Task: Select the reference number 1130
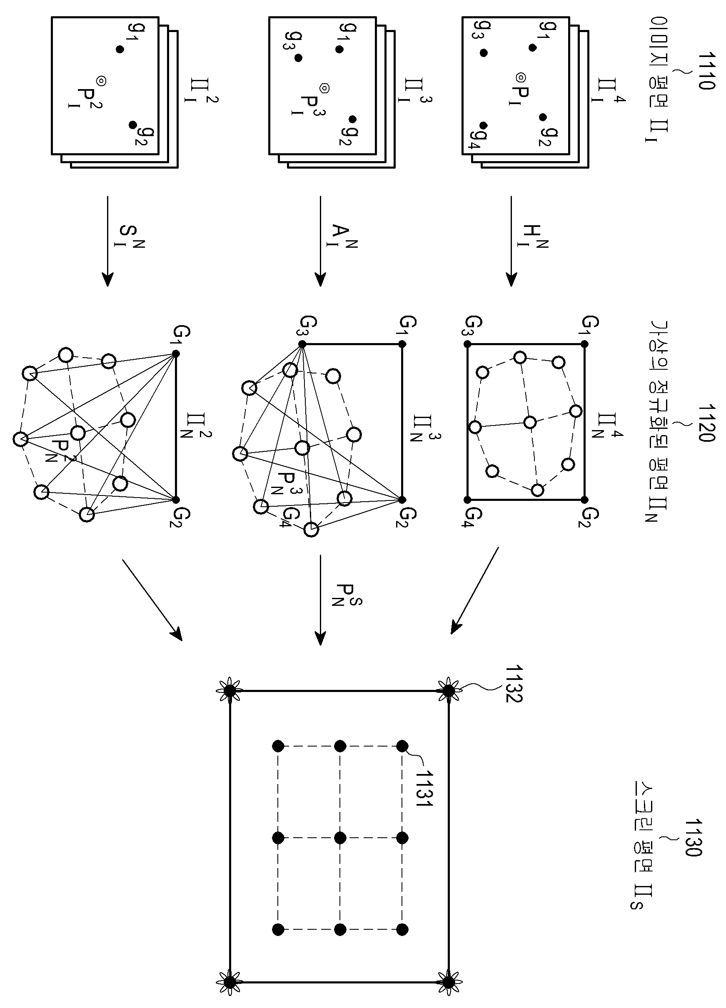693,837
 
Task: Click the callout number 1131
424,788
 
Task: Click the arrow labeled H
511,241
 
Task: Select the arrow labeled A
320,241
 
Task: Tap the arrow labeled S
107,241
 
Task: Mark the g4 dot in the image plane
484,126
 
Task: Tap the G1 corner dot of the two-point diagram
176,354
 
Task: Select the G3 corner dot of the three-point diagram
302,344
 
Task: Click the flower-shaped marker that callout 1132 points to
449,691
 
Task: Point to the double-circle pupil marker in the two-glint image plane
101,81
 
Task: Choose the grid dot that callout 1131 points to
402,746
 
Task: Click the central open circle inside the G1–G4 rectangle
529,422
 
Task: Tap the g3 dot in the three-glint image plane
298,58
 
